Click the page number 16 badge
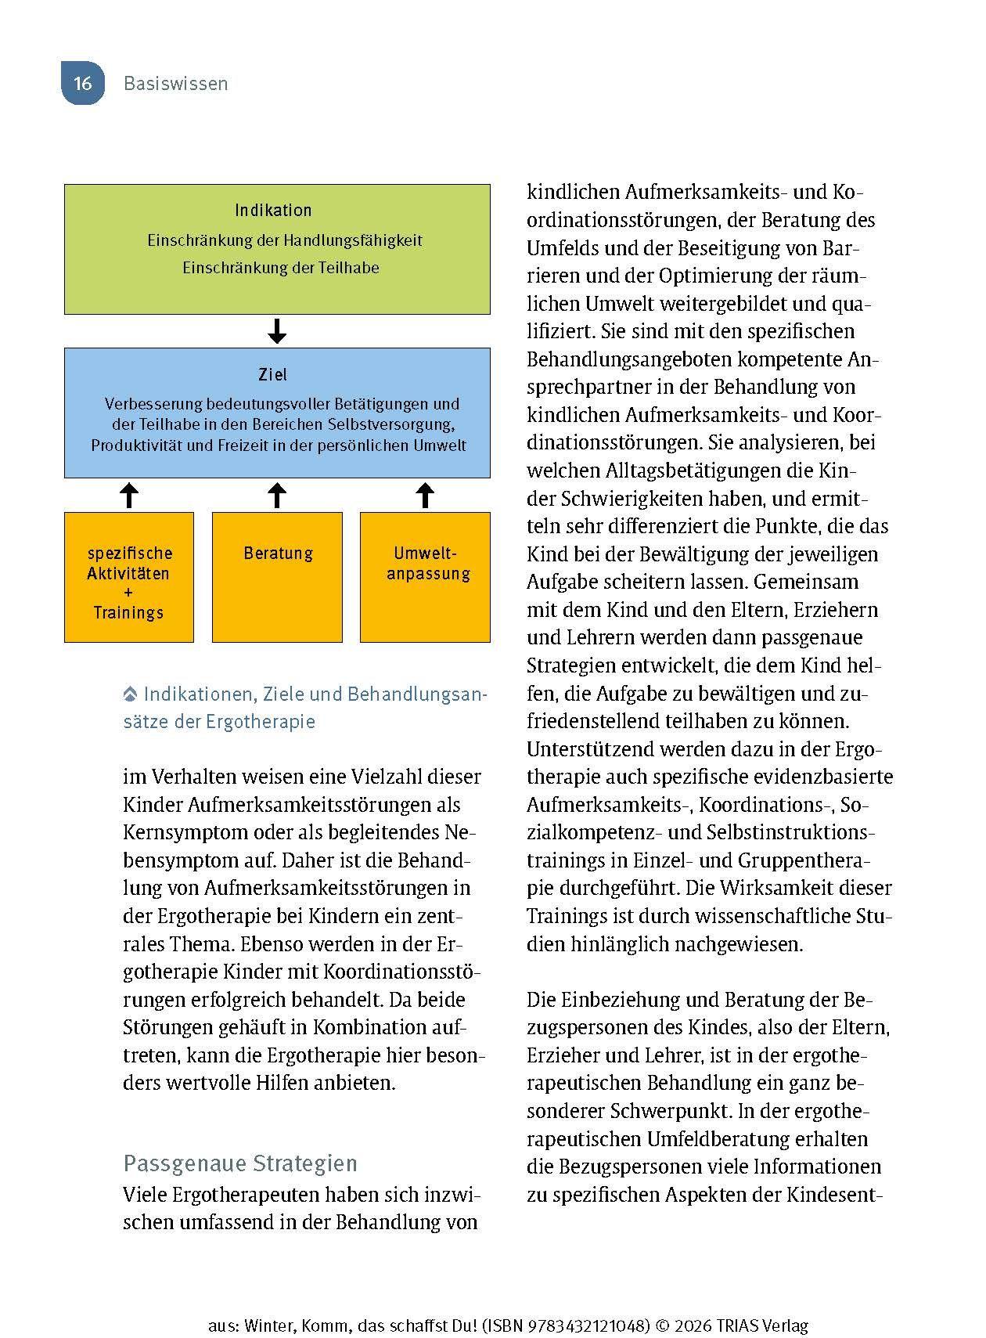click(x=83, y=83)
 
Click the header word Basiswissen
click(x=175, y=84)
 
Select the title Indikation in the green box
click(x=273, y=210)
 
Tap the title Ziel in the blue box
click(x=273, y=374)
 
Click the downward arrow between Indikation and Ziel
click(x=277, y=331)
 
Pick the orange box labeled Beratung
click(x=277, y=577)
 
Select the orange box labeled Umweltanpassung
click(x=425, y=577)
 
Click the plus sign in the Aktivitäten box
click(x=128, y=593)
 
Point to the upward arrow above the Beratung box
click(x=277, y=495)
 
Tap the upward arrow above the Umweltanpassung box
click(x=425, y=495)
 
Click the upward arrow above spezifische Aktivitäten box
click(x=129, y=495)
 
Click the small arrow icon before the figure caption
click(x=131, y=694)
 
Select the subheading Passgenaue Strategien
click(x=240, y=1163)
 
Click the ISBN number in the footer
click(x=581, y=1325)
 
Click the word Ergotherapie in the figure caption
click(x=261, y=721)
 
